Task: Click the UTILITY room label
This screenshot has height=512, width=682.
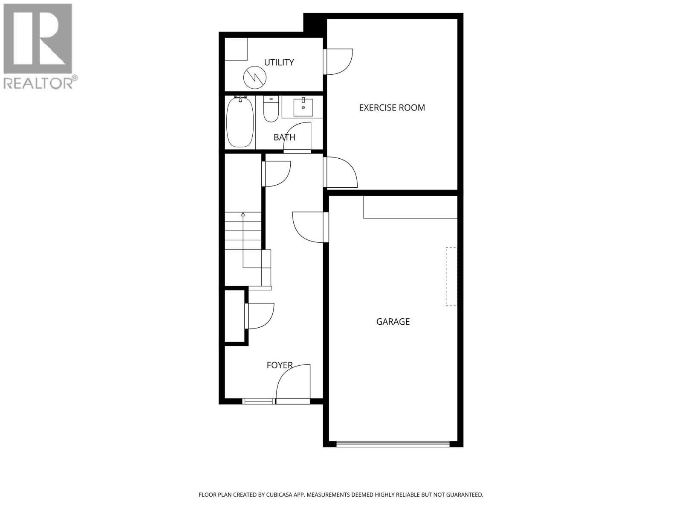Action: click(279, 62)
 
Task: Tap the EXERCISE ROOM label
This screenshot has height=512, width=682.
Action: click(392, 108)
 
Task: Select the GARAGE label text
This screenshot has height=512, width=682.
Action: click(393, 322)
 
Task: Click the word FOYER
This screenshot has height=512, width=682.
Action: click(279, 365)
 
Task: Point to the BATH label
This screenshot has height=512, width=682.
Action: click(284, 137)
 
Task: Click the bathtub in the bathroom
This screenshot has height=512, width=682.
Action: click(240, 122)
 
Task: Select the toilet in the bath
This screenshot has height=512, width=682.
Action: click(271, 110)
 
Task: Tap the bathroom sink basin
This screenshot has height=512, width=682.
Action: click(303, 107)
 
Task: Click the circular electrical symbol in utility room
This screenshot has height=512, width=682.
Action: click(254, 77)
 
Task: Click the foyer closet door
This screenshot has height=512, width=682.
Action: click(260, 316)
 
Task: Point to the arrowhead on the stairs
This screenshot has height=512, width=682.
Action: click(243, 214)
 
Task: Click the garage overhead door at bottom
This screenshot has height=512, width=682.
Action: click(393, 444)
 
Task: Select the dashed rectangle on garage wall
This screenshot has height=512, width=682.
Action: click(451, 276)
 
